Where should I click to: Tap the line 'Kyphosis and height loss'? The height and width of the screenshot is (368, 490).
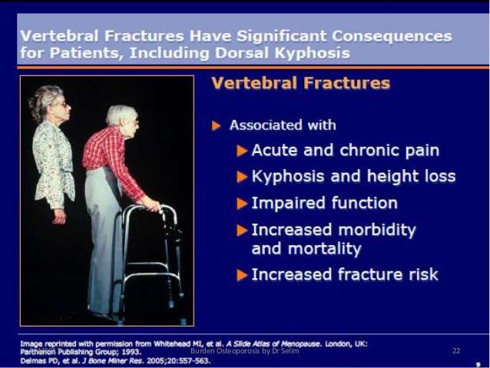[353, 177]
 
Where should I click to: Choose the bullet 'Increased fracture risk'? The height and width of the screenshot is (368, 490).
[345, 274]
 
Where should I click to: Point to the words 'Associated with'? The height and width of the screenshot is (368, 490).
[283, 124]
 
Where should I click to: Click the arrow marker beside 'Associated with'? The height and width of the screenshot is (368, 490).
[217, 124]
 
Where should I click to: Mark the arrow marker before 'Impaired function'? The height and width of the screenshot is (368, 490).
[242, 204]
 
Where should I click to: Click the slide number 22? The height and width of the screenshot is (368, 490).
[456, 351]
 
